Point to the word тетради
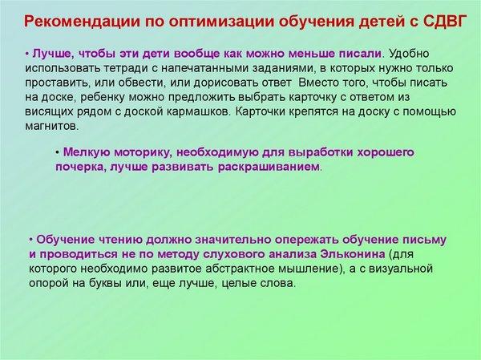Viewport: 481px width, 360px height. pos(127,68)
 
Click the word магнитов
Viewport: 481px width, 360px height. pos(52,126)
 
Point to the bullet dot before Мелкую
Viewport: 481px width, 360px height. pos(58,152)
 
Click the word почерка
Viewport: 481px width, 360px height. pos(81,168)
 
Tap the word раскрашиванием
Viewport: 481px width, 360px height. pos(269,168)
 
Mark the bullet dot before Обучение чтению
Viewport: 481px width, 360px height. pos(31,240)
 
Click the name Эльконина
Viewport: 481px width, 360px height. pos(352,254)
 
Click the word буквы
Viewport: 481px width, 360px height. pos(106,283)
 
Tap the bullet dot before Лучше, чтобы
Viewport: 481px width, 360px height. pos(27,54)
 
